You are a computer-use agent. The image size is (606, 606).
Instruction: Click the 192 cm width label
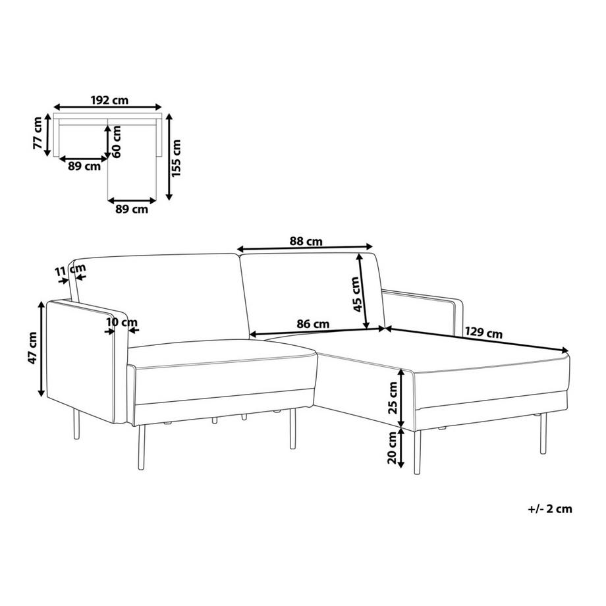(109, 101)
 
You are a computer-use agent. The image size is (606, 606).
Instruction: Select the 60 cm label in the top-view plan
(117, 141)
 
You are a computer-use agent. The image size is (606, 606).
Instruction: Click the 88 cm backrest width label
(306, 242)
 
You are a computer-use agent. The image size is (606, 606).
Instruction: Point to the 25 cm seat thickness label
(393, 398)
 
